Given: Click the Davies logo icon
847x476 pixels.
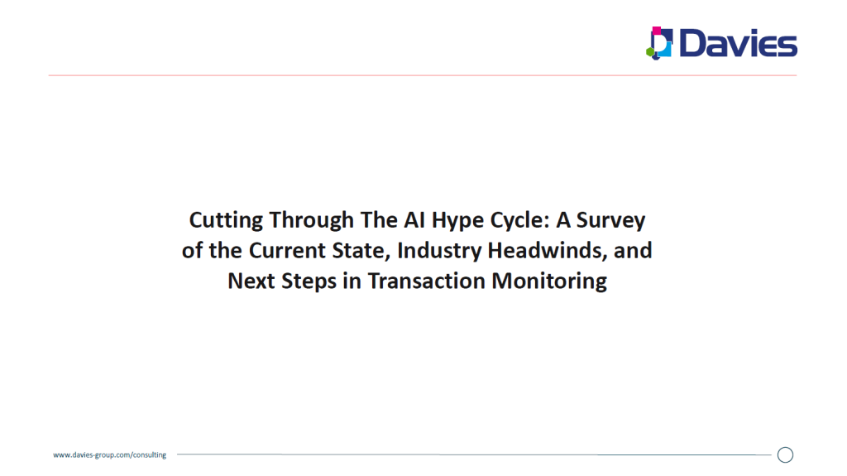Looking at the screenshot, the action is coord(659,43).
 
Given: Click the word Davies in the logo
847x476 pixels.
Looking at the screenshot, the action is coord(738,43).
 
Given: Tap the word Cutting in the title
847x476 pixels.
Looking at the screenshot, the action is coord(226,221).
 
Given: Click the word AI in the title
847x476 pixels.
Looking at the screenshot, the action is coord(414,219).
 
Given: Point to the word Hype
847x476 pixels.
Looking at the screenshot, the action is coord(457,221).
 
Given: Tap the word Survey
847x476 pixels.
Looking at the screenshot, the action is coord(610,221).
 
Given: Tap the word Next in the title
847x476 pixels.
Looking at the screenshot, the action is coord(251,281).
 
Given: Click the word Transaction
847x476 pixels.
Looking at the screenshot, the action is coord(427,281).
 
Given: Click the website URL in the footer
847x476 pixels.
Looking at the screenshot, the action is coord(110,455).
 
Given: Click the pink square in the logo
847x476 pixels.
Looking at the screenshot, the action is coord(656,31).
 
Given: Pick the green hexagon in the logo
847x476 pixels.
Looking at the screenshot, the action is coord(650,52).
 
